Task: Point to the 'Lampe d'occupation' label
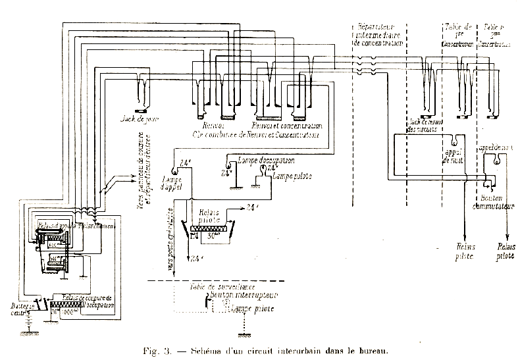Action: click(261, 160)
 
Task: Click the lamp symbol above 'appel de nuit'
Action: click(455, 140)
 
